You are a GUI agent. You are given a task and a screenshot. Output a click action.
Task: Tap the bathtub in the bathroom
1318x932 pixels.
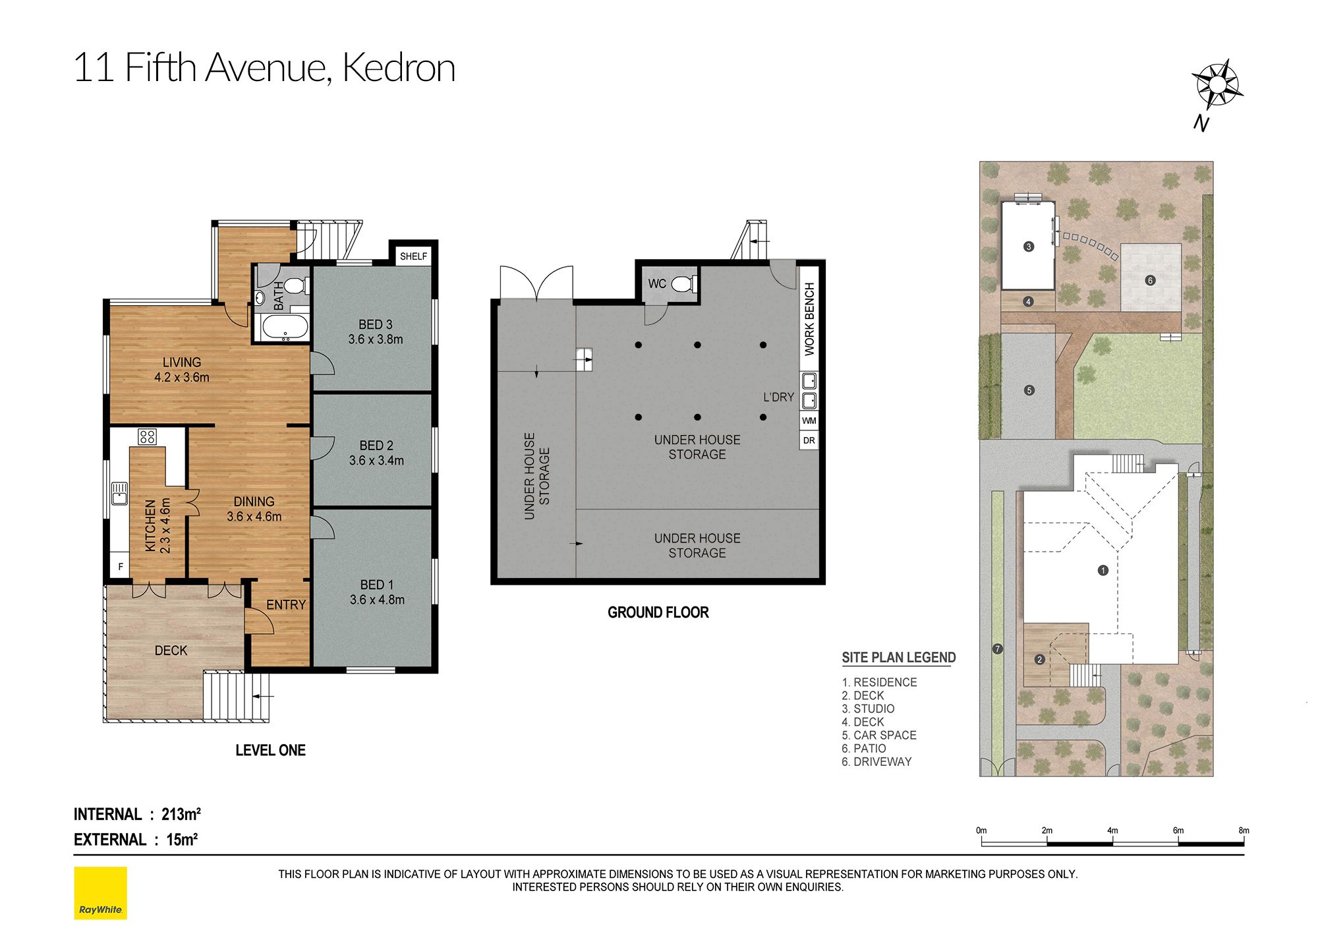click(285, 327)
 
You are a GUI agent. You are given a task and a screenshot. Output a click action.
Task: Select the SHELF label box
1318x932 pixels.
click(413, 256)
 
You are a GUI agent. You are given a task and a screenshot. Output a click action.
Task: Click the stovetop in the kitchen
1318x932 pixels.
click(147, 436)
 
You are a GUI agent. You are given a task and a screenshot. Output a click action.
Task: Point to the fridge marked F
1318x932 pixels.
click(120, 566)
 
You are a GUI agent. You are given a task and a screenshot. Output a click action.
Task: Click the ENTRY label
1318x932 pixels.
click(286, 604)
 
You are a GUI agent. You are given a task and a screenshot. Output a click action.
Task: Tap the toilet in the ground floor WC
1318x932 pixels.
click(683, 284)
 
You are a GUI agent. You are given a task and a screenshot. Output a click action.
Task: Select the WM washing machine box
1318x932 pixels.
click(809, 421)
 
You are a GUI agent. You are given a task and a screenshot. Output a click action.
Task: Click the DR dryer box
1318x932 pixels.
click(809, 440)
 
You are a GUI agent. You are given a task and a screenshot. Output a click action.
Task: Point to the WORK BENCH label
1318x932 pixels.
click(809, 319)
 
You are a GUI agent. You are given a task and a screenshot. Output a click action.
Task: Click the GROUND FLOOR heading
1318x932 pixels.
click(658, 612)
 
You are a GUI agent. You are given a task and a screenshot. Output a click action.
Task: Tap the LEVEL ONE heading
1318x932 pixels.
click(270, 750)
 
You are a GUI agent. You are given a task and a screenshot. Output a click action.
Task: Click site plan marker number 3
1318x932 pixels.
click(1029, 247)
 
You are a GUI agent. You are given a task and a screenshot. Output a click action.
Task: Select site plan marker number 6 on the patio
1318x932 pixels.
click(1150, 280)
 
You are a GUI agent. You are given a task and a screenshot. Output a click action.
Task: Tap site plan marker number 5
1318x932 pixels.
click(1029, 390)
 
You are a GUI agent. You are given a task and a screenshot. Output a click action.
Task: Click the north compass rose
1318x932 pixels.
click(1217, 85)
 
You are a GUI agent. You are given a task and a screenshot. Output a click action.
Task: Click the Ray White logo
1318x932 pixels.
click(100, 893)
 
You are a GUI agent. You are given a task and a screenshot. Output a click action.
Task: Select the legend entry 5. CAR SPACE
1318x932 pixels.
click(879, 735)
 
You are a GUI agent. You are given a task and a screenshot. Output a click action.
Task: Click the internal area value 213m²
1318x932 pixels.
click(181, 814)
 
